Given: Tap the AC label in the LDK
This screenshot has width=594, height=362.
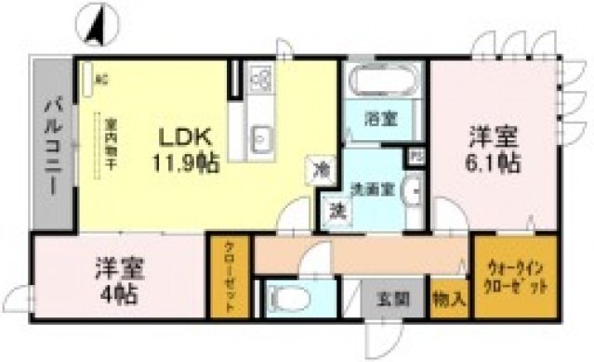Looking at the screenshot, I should pos(101,78).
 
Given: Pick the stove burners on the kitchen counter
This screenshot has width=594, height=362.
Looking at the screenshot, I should pos(259,82).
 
